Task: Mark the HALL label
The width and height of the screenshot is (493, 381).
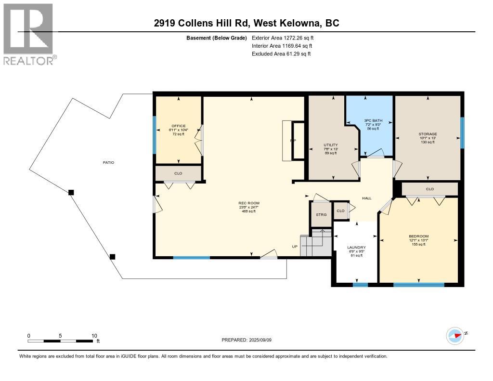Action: [366, 198]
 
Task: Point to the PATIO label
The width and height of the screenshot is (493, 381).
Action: [108, 162]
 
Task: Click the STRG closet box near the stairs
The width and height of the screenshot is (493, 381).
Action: [321, 214]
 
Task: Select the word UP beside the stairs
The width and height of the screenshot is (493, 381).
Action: [295, 247]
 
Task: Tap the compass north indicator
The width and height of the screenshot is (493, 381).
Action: [454, 335]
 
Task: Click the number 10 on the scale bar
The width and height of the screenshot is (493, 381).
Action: [94, 336]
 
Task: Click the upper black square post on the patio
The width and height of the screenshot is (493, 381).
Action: [71, 192]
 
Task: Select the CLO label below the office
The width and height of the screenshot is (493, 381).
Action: [178, 173]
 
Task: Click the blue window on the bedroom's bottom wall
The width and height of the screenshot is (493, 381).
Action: [418, 285]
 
